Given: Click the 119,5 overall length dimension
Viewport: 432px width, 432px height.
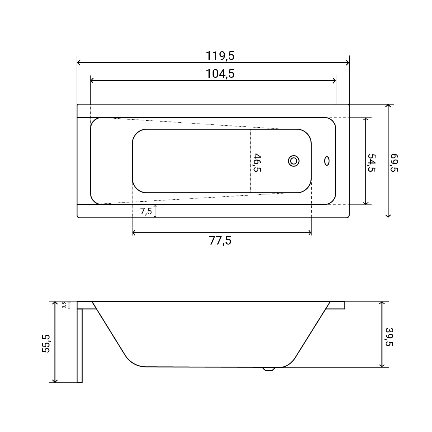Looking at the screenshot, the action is click(x=220, y=56).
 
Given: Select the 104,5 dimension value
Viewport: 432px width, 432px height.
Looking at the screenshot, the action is click(x=220, y=74).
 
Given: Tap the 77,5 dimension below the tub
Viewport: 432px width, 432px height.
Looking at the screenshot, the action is click(x=220, y=240).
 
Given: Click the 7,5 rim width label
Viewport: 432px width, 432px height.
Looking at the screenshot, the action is click(x=146, y=211).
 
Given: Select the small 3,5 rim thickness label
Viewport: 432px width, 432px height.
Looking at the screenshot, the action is click(x=64, y=305).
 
